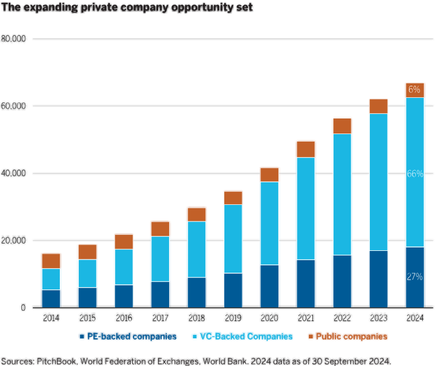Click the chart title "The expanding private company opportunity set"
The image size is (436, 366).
click(x=127, y=7)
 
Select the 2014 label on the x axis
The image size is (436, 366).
click(x=51, y=318)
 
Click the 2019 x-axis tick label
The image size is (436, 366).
click(x=233, y=318)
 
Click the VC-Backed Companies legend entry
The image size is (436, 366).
click(x=246, y=336)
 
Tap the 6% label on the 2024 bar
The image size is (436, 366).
click(x=415, y=90)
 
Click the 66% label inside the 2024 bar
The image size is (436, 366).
click(x=415, y=174)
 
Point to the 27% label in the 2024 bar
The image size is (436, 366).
click(x=415, y=277)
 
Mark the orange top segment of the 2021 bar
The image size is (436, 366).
click(x=306, y=149)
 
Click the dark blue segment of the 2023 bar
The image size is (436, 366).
click(x=378, y=279)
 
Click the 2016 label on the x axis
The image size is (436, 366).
click(x=124, y=318)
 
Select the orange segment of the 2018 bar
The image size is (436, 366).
click(x=197, y=215)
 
